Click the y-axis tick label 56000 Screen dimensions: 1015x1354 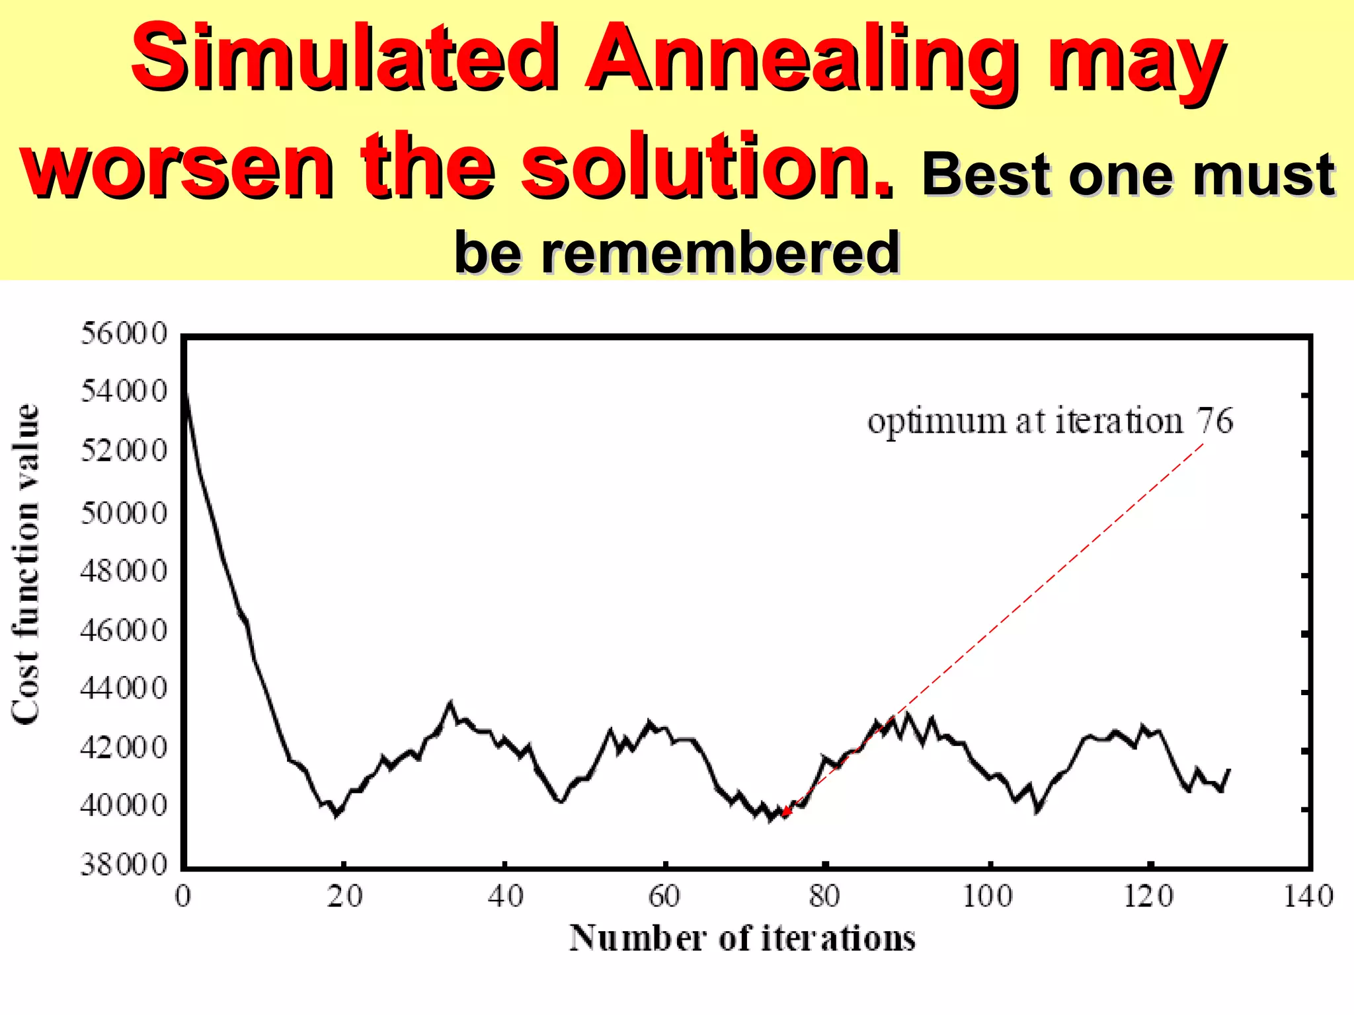pos(124,334)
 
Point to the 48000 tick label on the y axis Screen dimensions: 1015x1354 pos(124,571)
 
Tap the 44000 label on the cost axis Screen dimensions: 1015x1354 pos(124,689)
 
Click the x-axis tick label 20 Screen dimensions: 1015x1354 pos(344,897)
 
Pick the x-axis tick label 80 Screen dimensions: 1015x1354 pos(824,897)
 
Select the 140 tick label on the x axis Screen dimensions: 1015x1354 pos(1308,897)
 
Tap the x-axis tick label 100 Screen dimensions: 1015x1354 pos(987,897)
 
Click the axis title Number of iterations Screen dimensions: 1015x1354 pos(742,938)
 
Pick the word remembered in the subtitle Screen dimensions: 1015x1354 pos(720,253)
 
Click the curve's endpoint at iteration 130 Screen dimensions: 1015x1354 pos(1229,770)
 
